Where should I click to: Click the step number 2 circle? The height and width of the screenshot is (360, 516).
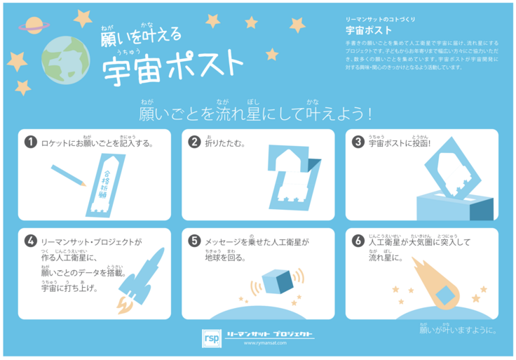[195, 142]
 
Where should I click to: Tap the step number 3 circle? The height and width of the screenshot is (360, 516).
[358, 142]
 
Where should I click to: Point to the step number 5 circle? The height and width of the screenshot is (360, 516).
[195, 241]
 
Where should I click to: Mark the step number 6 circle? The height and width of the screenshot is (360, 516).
[358, 241]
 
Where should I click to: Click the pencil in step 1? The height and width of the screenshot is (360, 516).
[69, 175]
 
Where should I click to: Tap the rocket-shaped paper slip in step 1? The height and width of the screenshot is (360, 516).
[103, 182]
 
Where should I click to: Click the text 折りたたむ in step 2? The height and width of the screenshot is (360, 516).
[224, 142]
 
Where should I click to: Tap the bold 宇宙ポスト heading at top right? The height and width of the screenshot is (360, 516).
[369, 31]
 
